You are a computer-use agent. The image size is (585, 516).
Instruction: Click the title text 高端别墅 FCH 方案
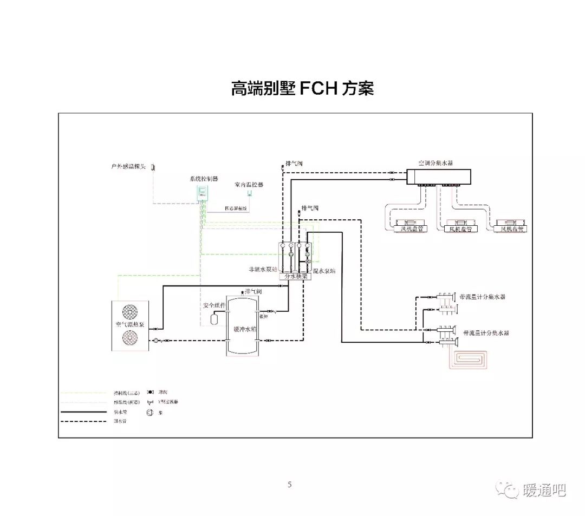302,88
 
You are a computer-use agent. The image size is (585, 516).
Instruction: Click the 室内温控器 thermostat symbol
249,192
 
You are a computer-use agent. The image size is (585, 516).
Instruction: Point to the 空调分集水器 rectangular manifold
438,177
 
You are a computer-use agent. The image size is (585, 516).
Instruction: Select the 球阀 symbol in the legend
150,391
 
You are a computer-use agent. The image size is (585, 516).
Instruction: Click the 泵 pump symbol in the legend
150,412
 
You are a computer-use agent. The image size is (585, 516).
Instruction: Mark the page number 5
290,485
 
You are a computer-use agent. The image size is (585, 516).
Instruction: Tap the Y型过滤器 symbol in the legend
150,402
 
